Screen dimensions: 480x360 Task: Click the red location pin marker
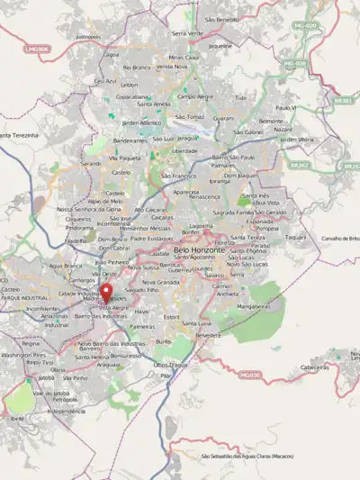tap(106, 294)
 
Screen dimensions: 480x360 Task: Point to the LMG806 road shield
tap(36, 48)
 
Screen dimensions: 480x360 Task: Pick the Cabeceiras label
tap(314, 367)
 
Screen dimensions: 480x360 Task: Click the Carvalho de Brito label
tap(340, 238)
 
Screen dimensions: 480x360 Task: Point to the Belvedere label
tap(207, 334)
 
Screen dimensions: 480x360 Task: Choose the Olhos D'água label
tap(171, 364)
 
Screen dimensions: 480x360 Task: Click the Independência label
tap(65, 411)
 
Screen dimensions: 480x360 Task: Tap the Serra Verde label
tap(186, 32)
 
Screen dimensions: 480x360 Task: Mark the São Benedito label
tap(221, 19)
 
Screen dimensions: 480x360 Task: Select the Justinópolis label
tap(87, 37)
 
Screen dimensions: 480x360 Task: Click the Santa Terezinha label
tap(18, 134)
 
